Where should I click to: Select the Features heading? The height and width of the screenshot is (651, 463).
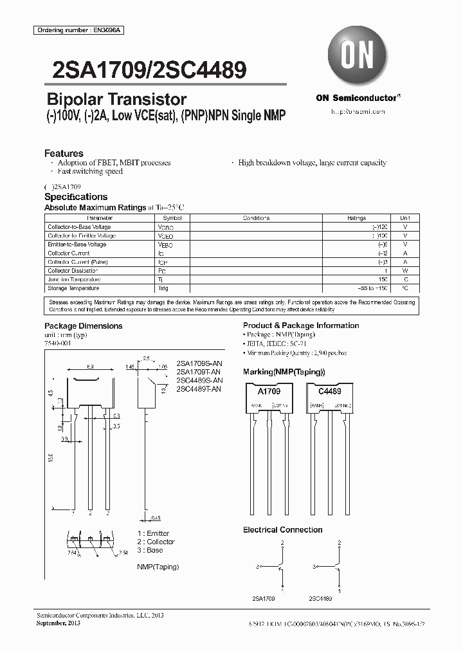coord(64,153)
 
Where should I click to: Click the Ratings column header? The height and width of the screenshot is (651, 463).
coord(356,218)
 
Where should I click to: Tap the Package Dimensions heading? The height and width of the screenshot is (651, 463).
coord(83,325)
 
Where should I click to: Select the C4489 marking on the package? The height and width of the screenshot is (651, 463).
coord(329,391)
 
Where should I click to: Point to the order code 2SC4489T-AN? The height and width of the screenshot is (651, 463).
coord(198,389)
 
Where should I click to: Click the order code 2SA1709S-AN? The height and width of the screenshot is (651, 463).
coord(198,364)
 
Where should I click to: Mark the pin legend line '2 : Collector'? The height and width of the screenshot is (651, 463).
coord(156,542)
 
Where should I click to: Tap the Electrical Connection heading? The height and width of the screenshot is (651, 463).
coord(282,529)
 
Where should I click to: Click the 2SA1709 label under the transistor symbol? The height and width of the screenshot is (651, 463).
coord(264,598)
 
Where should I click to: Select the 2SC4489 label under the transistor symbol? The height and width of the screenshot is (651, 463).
coord(320,598)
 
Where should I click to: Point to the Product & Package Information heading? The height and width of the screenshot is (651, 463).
coord(301,325)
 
